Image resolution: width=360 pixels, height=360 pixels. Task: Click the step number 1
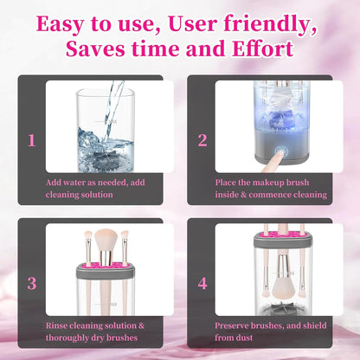click(x=31, y=138)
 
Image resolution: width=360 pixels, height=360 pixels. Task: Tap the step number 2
click(x=202, y=138)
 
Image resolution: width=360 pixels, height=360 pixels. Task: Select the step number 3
click(x=31, y=283)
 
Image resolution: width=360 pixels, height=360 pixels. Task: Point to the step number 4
click(x=202, y=283)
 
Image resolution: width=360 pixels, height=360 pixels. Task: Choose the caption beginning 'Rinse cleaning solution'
click(x=93, y=325)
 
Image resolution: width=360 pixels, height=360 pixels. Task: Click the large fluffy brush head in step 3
click(x=106, y=241)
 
